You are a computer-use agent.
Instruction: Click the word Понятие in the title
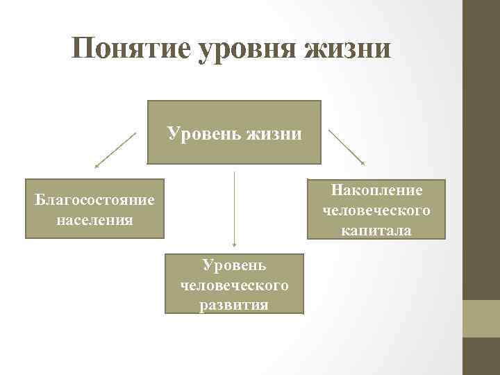131,49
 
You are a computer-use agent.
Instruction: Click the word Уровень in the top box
201,132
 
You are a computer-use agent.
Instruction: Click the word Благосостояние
94,201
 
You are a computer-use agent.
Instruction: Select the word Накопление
376,190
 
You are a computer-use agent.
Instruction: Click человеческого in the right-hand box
376,210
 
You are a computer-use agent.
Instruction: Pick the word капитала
376,230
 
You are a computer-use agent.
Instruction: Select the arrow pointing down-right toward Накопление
346,147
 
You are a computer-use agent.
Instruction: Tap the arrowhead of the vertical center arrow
235,245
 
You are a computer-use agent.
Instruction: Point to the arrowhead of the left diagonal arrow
97,167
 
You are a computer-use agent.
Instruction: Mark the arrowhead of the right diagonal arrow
362,163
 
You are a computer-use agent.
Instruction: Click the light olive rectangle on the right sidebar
481,319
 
